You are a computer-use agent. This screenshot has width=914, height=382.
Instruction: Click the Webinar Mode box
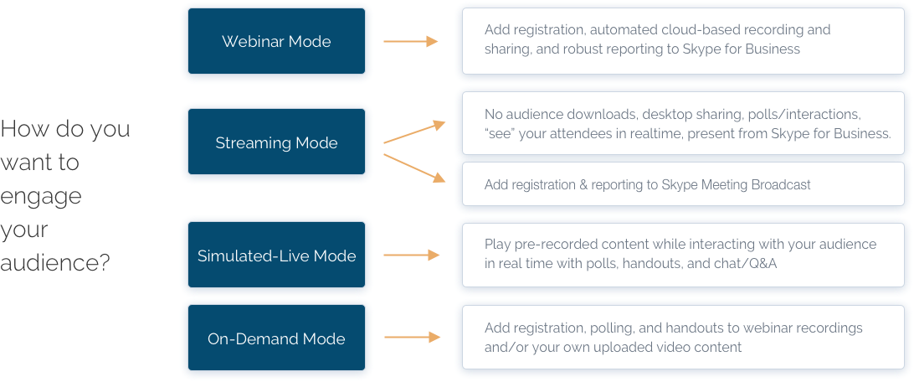coord(276,41)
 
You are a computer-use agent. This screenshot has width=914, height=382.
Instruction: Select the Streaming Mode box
coord(276,142)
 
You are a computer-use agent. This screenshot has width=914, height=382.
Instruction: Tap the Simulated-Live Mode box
coord(276,256)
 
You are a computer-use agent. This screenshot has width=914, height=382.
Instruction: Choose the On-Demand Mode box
coord(276,338)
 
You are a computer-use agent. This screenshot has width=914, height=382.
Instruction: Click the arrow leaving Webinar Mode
coord(411,41)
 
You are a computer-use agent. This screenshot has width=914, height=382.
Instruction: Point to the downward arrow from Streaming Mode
coord(414,167)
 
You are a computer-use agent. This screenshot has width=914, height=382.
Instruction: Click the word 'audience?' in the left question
coord(55,263)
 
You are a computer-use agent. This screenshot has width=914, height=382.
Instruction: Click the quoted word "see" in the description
coord(500,134)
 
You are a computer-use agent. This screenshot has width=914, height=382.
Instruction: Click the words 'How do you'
coord(65,130)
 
